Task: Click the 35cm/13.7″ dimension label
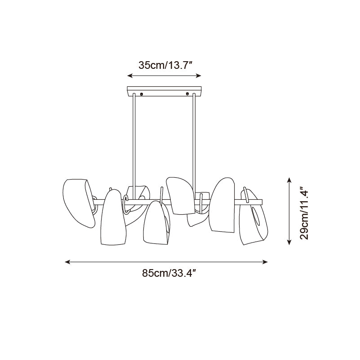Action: point(165,65)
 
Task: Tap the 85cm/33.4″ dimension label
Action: point(169,273)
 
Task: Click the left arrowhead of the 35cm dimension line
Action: point(130,76)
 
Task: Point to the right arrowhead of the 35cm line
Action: point(199,76)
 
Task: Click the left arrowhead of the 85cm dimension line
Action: point(67,262)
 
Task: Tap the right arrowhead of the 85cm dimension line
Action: point(265,262)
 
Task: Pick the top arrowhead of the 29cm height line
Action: point(289,180)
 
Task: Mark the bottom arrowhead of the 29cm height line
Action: point(289,242)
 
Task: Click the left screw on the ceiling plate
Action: point(142,94)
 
